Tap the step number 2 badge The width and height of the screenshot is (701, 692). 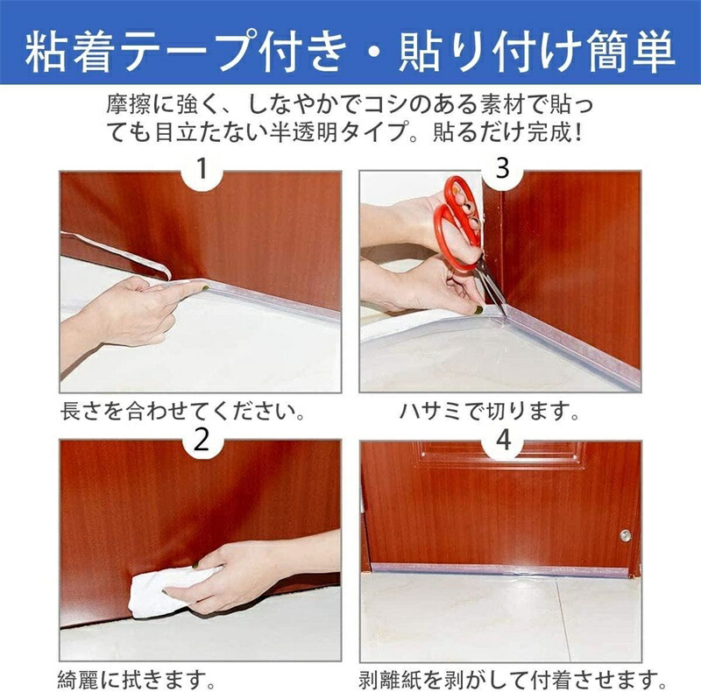(202, 440)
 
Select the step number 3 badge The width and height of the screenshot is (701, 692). (502, 169)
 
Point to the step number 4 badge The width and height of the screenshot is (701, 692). (503, 440)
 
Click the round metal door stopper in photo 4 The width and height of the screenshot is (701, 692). (625, 535)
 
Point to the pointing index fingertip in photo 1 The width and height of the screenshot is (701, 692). (203, 287)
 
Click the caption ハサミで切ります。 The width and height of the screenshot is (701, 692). (490, 411)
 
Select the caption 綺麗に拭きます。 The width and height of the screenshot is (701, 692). (137, 680)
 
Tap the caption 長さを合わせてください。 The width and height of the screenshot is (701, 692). (183, 411)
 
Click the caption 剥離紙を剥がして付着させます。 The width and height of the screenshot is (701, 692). (513, 680)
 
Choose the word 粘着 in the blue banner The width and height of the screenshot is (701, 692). (68, 51)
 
